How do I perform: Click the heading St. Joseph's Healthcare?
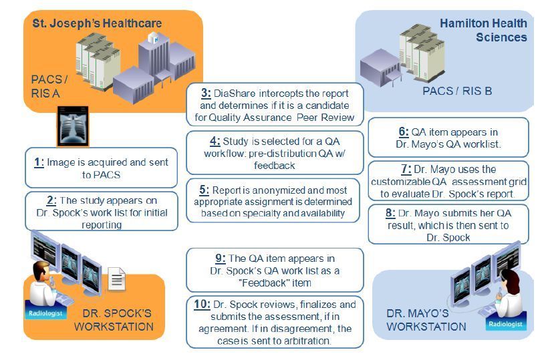point(97,23)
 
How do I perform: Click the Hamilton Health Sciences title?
point(483,30)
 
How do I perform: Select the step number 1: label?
point(39,162)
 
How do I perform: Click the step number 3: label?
point(206,94)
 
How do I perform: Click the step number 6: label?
point(404,132)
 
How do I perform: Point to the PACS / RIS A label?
point(49,86)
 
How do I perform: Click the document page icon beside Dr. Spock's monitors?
point(116,278)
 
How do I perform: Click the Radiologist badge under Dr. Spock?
point(43,312)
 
